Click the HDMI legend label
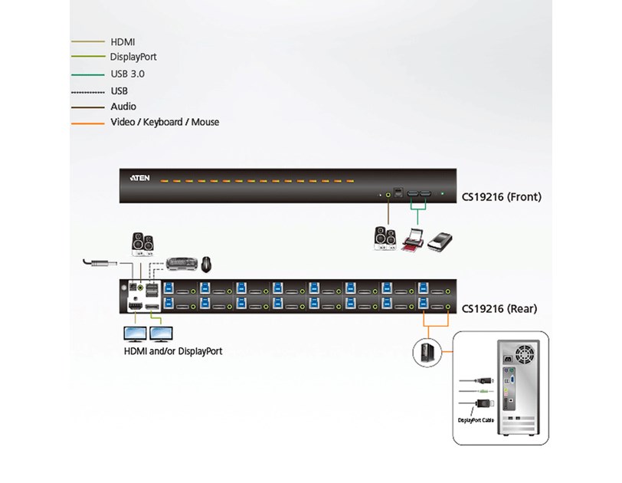[124, 41]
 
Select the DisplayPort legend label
[134, 57]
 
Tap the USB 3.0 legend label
[127, 74]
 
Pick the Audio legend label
[123, 107]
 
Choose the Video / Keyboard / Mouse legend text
[165, 122]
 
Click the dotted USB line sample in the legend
[87, 91]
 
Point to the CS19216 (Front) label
[501, 197]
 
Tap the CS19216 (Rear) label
[499, 309]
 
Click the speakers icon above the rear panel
[143, 245]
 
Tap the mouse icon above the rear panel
[207, 264]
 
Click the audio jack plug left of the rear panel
[100, 264]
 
